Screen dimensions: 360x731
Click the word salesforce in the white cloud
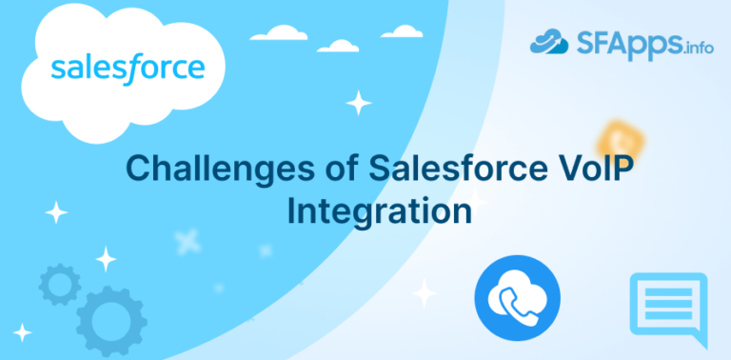point(127,69)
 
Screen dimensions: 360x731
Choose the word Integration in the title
point(379,210)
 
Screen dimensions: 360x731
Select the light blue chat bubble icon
point(668,309)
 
